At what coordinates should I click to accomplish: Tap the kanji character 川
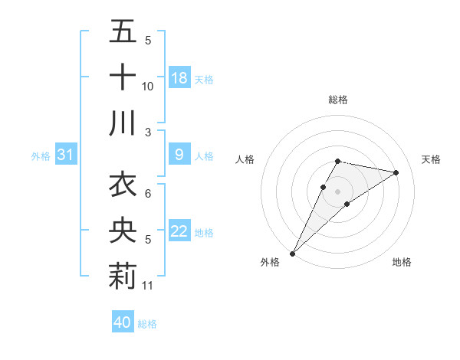point(123,123)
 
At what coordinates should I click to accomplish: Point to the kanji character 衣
point(123,186)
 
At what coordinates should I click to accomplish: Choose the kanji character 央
point(123,232)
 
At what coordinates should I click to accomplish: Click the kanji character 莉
point(123,277)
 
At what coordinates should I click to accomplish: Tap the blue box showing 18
point(179,78)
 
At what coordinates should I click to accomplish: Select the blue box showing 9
point(179,155)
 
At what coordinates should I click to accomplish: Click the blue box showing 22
point(179,232)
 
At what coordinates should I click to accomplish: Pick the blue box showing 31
point(65,155)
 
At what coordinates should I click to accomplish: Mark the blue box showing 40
point(123,323)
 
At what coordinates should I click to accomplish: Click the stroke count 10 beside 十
point(148,87)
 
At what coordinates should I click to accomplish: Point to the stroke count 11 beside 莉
point(148,286)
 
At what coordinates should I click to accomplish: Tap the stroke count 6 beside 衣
point(148,195)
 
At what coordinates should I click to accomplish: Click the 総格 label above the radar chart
point(338,100)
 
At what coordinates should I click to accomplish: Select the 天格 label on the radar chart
point(432,159)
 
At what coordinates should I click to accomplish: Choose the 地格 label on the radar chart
point(402,262)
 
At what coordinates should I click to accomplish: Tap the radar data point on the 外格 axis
point(292,253)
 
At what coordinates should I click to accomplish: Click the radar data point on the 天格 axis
point(396,172)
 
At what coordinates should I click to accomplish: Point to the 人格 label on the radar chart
point(245,159)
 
